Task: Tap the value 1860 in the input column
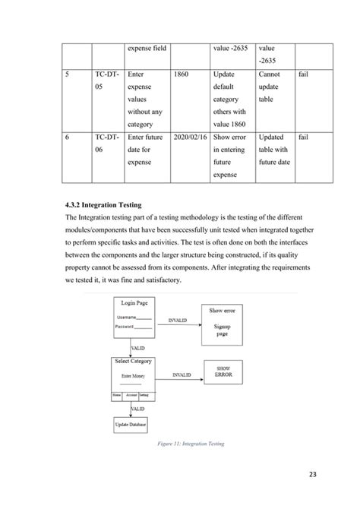pyautogui.click(x=186, y=74)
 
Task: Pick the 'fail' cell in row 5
pyautogui.click(x=303, y=74)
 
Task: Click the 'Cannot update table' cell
pyautogui.click(x=273, y=87)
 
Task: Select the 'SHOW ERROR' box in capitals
pyautogui.click(x=223, y=371)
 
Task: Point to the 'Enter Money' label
pyautogui.click(x=133, y=375)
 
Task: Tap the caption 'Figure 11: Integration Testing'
pyautogui.click(x=180, y=444)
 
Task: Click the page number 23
pyautogui.click(x=309, y=476)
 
